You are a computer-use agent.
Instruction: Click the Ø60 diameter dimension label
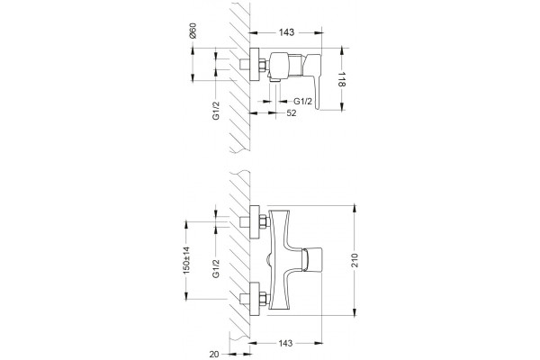[x=193, y=31]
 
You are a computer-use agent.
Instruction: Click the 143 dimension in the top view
[x=286, y=32]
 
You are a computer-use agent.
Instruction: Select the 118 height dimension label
[x=341, y=79]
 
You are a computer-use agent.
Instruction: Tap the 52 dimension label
[x=292, y=113]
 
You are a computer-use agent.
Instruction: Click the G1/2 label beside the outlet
[x=302, y=102]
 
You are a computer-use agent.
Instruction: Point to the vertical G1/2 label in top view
[x=216, y=110]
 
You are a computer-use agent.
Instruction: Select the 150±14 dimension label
[x=186, y=260]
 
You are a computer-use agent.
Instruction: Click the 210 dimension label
[x=355, y=260]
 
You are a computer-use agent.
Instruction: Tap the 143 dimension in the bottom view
[x=286, y=343]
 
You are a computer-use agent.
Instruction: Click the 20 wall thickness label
[x=214, y=354]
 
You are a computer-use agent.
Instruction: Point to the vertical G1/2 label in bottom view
[x=216, y=268]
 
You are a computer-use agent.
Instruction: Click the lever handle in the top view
[x=313, y=80]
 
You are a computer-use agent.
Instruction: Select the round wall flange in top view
[x=254, y=65]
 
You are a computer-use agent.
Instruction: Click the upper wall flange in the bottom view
[x=255, y=222]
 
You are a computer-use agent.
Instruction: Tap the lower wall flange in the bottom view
[x=255, y=299]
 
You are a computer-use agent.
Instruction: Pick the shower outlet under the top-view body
[x=276, y=79]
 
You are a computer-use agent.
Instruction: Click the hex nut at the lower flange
[x=264, y=299]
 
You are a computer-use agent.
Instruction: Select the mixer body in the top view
[x=279, y=66]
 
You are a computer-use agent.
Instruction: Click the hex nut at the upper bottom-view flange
[x=264, y=221]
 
